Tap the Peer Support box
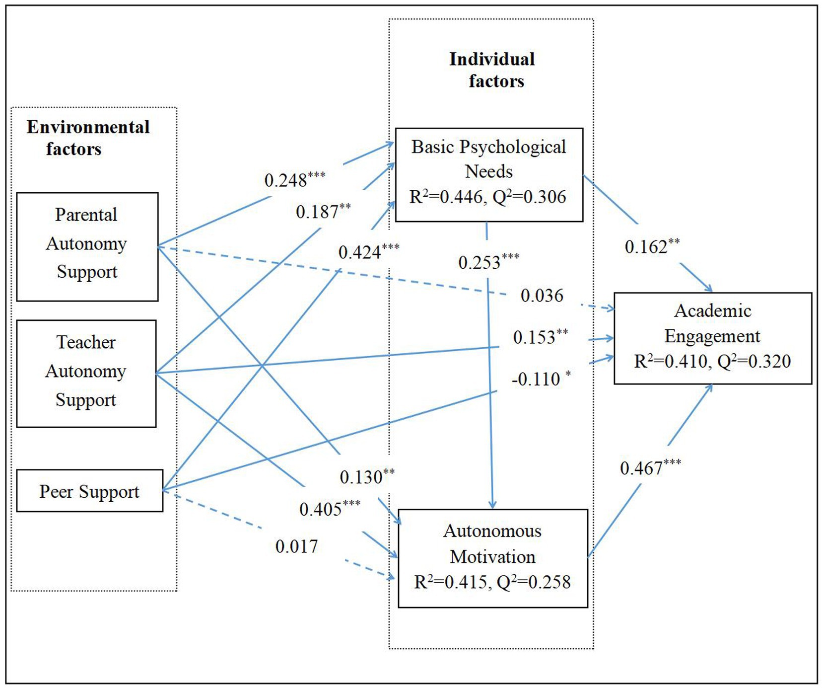point(90,491)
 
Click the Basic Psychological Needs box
point(489,174)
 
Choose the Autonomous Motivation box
point(493,558)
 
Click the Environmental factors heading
point(88,138)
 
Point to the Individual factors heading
point(493,70)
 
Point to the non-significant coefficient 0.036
point(542,296)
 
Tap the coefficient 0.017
point(296,546)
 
